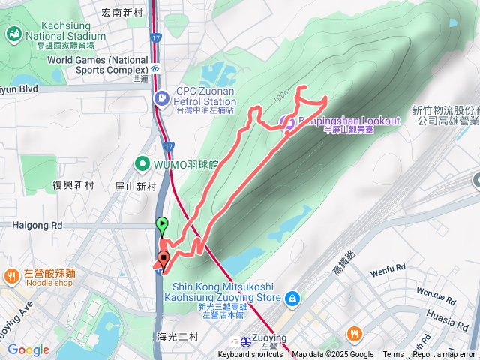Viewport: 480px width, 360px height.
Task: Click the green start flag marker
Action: point(162,224)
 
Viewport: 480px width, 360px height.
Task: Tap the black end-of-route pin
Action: point(163,259)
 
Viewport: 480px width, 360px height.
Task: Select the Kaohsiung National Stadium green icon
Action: point(13,33)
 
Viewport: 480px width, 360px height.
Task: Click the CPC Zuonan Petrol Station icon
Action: point(162,97)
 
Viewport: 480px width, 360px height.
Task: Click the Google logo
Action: point(28,349)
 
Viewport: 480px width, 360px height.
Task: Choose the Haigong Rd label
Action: point(37,224)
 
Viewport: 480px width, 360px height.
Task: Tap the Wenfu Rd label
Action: point(388,266)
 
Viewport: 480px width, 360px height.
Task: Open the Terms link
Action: point(393,355)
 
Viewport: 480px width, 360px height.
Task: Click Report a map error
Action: point(444,355)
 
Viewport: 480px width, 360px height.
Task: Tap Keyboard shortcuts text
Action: point(250,355)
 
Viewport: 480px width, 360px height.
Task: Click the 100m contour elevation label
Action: point(282,97)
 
